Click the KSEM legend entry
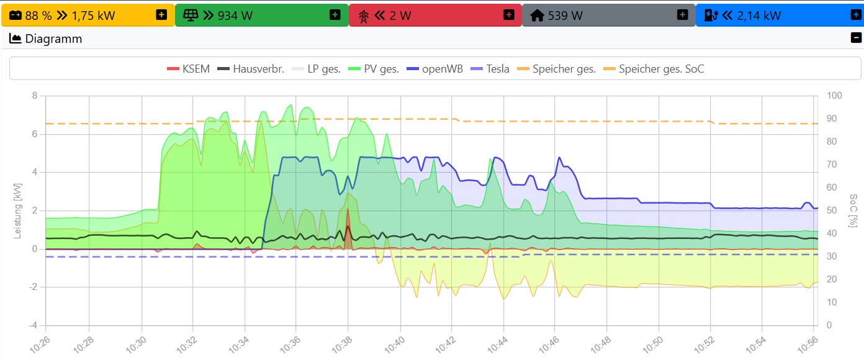point(189,69)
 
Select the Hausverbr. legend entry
point(251,69)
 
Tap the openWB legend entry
point(434,69)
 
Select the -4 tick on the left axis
point(34,325)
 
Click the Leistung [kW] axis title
point(18,210)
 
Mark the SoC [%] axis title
point(853,210)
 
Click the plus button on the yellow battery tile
point(161,15)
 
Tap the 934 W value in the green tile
point(235,16)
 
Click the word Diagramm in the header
point(53,39)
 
